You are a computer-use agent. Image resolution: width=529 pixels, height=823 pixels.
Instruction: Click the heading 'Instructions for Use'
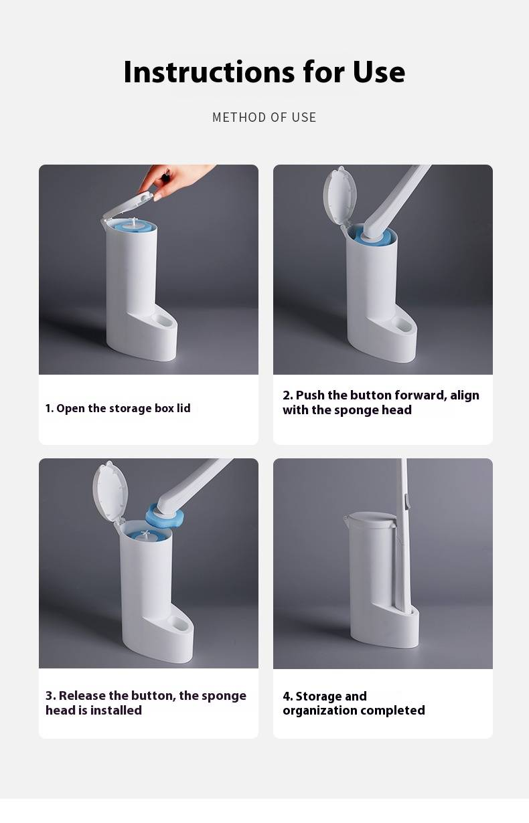(264, 72)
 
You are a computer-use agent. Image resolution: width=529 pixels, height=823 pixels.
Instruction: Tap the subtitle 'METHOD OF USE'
(264, 117)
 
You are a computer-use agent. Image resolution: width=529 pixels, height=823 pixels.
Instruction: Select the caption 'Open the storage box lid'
(123, 408)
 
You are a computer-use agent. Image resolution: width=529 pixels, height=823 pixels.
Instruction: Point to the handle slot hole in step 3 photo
(180, 623)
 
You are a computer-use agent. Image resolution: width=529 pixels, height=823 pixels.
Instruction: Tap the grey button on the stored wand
(406, 502)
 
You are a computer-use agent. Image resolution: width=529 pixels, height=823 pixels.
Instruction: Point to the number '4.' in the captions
(288, 697)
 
